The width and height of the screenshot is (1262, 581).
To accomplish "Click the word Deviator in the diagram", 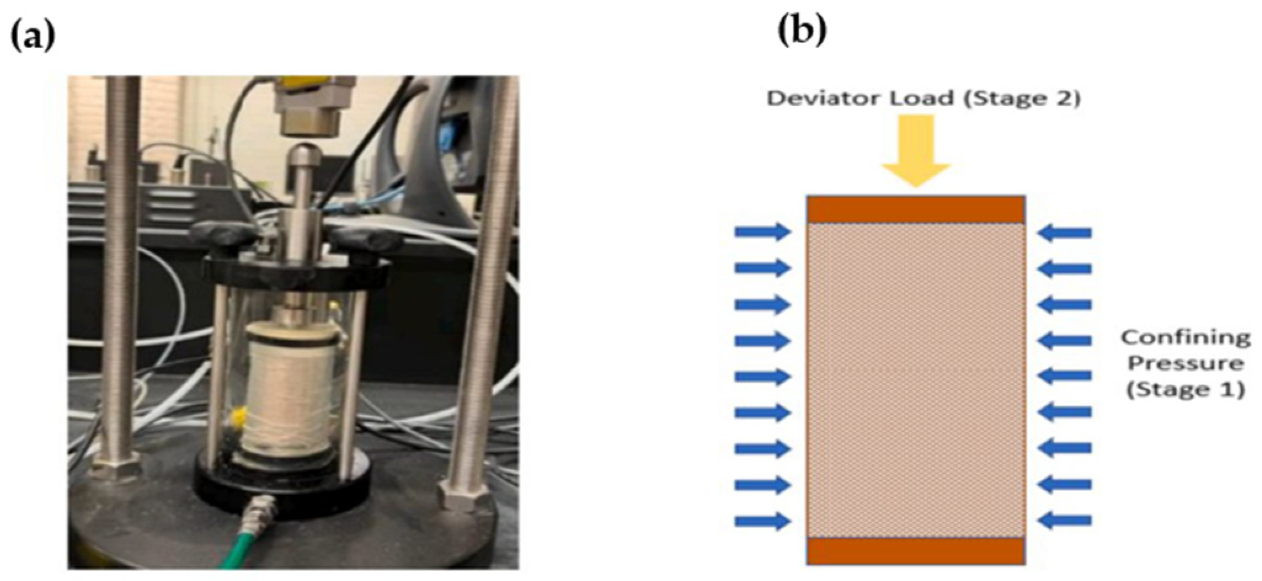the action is click(815, 98).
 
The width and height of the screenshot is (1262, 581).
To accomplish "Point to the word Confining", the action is click(1185, 337).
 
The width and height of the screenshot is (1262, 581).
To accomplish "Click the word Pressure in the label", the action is click(1185, 363).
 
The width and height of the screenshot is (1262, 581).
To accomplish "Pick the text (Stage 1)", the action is click(1185, 390).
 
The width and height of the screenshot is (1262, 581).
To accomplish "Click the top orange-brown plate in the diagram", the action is click(916, 210).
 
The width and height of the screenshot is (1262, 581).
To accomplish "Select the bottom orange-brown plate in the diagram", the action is click(916, 551).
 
